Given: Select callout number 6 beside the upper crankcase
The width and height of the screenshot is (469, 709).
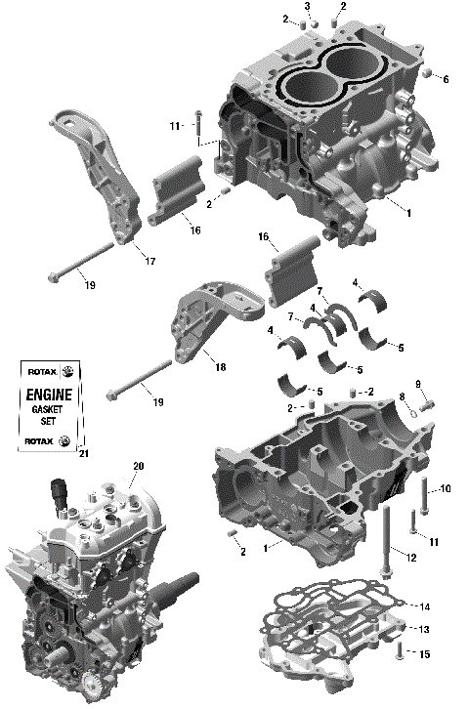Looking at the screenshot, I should coord(447,78).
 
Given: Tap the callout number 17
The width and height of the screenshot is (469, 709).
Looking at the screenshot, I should coord(149,261).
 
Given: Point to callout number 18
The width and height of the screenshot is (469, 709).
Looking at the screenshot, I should coord(220,367).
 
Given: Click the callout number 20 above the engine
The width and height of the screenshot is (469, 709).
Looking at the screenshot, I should coord(138,466).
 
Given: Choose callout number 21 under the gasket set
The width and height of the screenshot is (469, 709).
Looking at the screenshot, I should coord(83,453).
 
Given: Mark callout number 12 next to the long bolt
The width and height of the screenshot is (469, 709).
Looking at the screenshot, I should coord(411,557).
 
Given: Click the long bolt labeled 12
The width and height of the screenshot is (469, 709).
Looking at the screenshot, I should coord(390,542).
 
